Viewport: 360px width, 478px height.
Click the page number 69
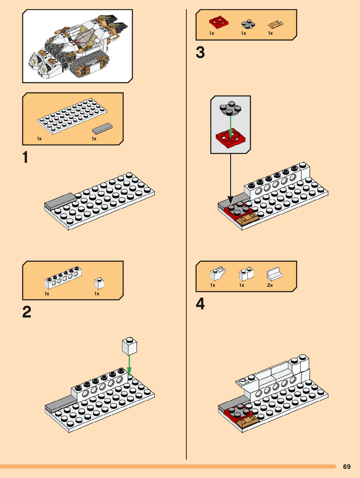pyautogui.click(x=347, y=467)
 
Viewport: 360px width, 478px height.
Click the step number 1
pyautogui.click(x=25, y=157)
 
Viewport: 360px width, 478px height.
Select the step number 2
pyautogui.click(x=27, y=312)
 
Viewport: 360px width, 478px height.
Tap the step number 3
pyautogui.click(x=200, y=52)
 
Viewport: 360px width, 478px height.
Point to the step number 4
pyautogui.click(x=200, y=304)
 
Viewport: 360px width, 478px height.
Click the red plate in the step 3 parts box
pyautogui.click(x=218, y=22)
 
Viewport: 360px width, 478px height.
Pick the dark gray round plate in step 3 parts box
pyautogui.click(x=248, y=24)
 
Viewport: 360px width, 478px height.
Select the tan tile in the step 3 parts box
pyautogui.click(x=276, y=24)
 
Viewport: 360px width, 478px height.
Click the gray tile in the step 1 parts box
pyautogui.click(x=102, y=129)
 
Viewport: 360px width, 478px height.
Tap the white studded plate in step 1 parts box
pyautogui.click(x=72, y=116)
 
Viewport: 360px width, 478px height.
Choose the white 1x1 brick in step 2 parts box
pyautogui.click(x=99, y=283)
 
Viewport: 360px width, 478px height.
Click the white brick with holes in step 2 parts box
pyautogui.click(x=63, y=278)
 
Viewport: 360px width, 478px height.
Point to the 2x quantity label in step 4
pyautogui.click(x=270, y=285)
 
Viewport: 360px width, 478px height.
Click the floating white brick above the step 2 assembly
pyautogui.click(x=129, y=346)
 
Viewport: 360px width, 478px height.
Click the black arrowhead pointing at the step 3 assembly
pyautogui.click(x=230, y=199)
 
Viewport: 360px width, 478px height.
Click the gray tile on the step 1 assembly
pyautogui.click(x=60, y=201)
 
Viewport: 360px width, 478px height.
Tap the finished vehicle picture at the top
pyautogui.click(x=77, y=46)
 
